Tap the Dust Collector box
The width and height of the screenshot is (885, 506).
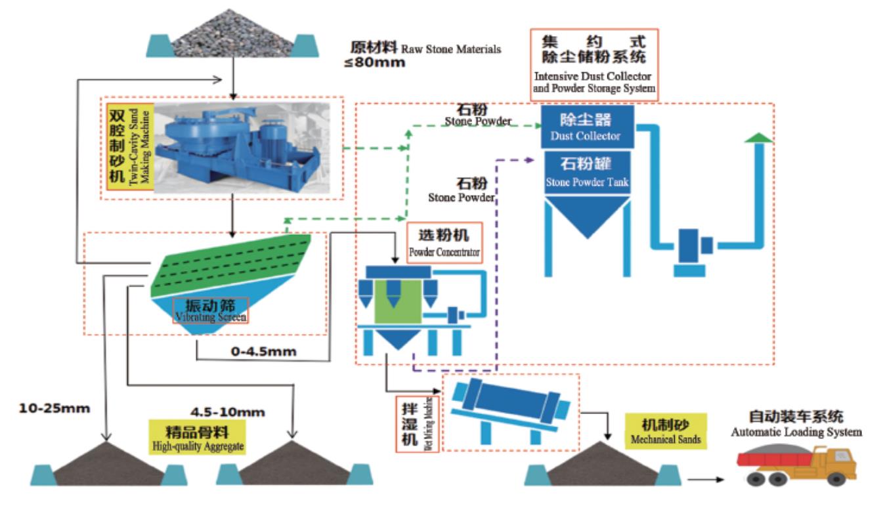587,127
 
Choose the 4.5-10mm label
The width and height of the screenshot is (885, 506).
227,412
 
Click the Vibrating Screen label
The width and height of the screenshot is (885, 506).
210,310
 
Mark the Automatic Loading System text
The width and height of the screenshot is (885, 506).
796,424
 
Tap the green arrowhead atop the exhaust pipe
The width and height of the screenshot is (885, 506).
758,137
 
